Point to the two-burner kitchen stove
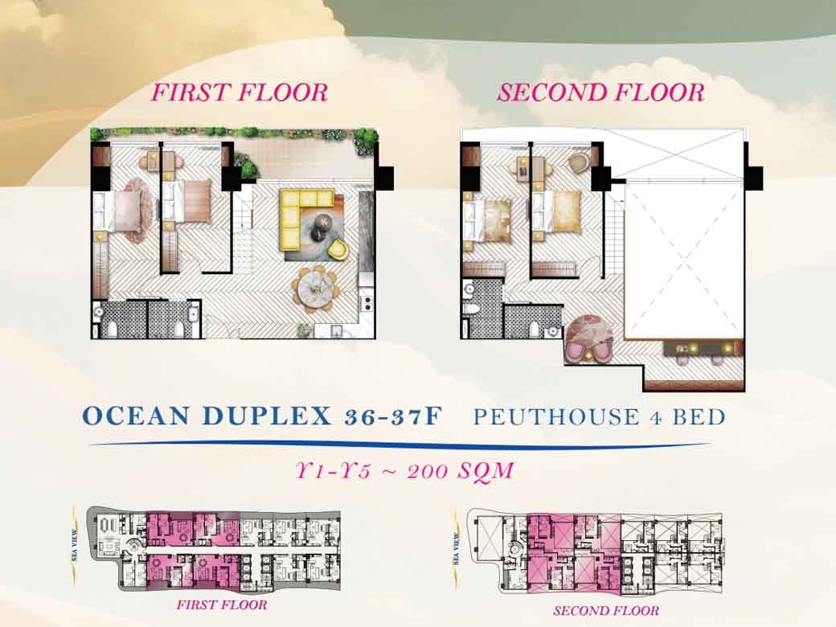[x=367, y=302]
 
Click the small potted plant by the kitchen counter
[x=305, y=330]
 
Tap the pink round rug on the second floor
[x=588, y=339]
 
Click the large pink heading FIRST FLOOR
[x=240, y=92]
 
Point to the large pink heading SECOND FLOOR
[x=601, y=92]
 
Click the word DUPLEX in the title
[x=268, y=416]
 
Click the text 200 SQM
[x=460, y=471]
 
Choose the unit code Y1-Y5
[x=334, y=471]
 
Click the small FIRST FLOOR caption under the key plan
[x=222, y=604]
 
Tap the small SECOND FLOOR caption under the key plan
[x=606, y=610]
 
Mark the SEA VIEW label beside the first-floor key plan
[x=76, y=544]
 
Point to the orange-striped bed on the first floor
[x=191, y=200]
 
